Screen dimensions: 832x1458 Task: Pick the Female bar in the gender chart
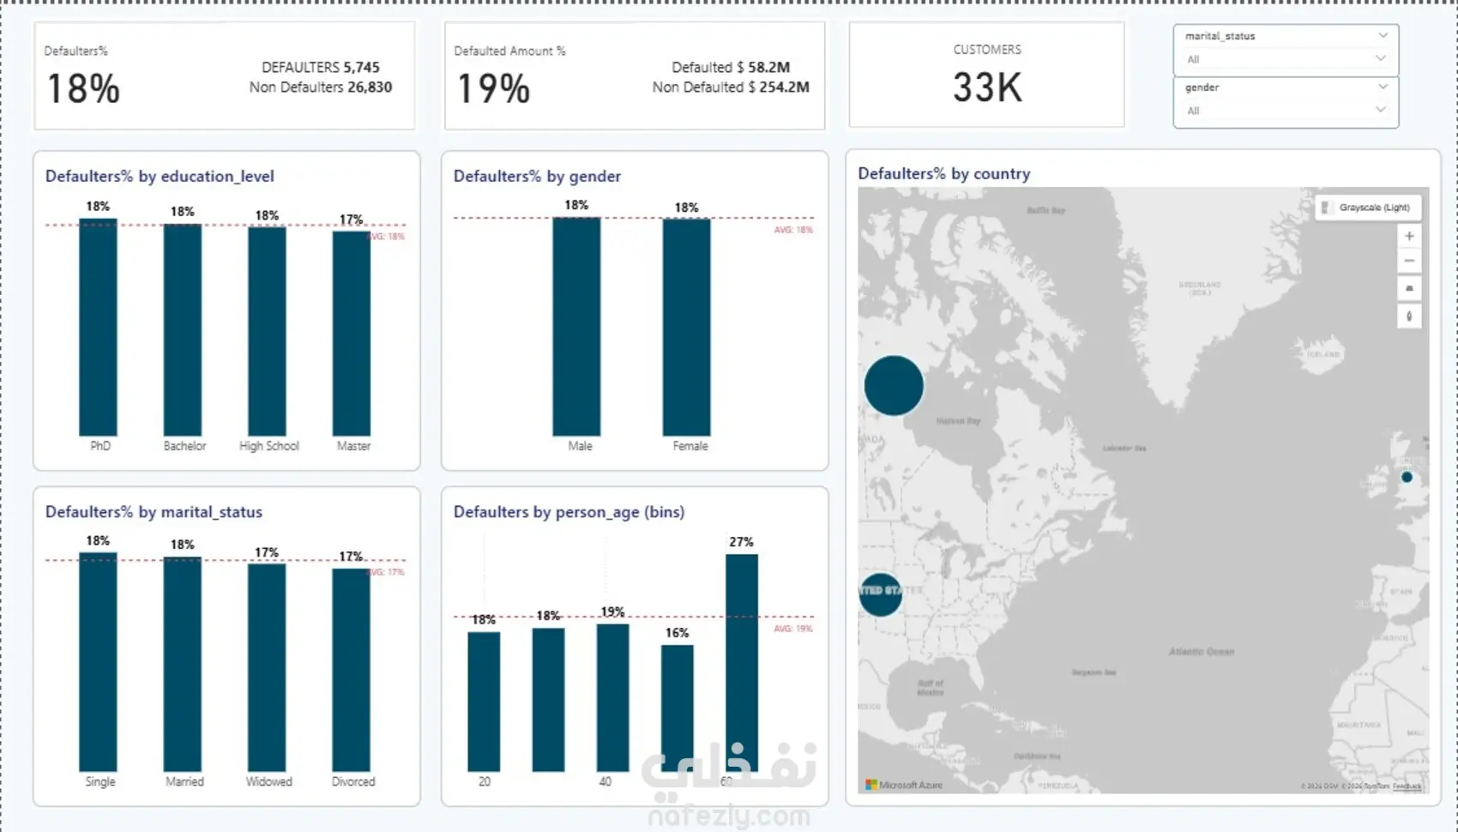(x=686, y=327)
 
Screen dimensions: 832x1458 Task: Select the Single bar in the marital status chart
(x=98, y=662)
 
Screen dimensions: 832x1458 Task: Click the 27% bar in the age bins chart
(x=742, y=662)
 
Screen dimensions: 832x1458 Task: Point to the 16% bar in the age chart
(x=678, y=708)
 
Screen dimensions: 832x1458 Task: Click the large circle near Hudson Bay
(x=894, y=386)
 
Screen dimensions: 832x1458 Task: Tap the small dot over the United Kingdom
(x=1407, y=477)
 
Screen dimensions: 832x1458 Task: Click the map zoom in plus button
(x=1409, y=236)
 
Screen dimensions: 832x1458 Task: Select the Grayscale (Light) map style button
(x=1368, y=208)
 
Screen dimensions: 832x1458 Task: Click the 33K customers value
(x=987, y=87)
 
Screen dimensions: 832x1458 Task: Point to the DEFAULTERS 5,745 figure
(x=321, y=67)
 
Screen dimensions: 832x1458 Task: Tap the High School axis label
(x=268, y=446)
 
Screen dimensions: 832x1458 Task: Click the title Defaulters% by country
(x=943, y=173)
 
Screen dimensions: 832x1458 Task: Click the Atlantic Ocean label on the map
(x=1201, y=652)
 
